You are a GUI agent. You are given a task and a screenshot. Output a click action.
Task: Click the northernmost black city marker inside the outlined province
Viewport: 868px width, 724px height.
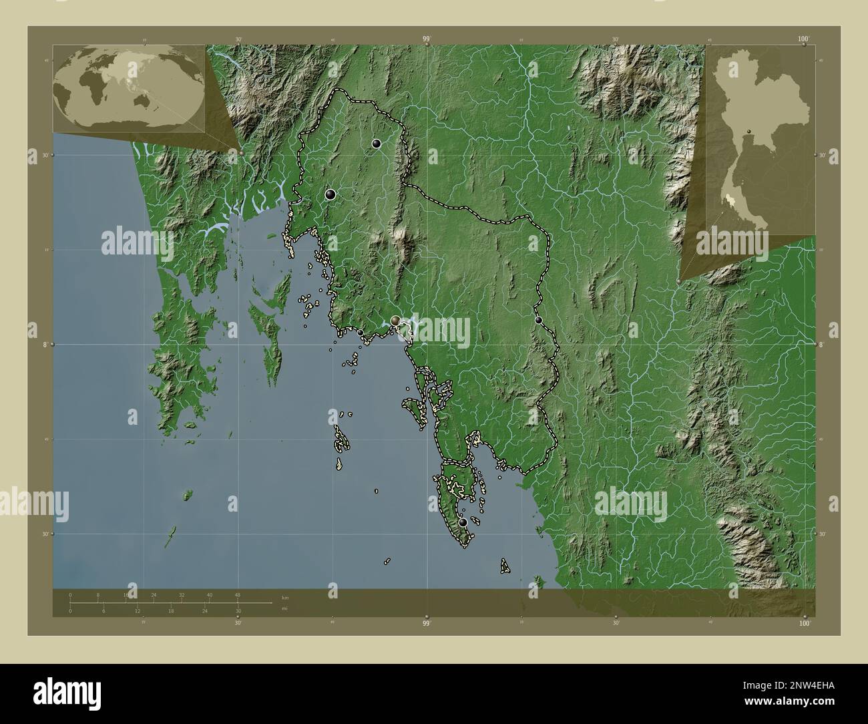pyautogui.click(x=377, y=143)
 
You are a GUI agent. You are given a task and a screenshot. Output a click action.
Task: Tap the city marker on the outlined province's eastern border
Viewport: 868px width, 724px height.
pyautogui.click(x=539, y=320)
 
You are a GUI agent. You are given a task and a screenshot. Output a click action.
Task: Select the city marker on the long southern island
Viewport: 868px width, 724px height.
pyautogui.click(x=463, y=522)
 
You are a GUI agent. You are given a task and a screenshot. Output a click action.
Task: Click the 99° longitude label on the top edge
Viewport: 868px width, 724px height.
pyautogui.click(x=427, y=40)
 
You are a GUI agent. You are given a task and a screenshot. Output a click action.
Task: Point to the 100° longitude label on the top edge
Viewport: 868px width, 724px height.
pyautogui.click(x=803, y=40)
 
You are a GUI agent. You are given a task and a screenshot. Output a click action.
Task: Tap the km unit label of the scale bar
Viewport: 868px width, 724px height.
pyautogui.click(x=285, y=597)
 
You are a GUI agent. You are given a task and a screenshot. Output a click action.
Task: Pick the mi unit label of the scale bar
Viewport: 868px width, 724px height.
pyautogui.click(x=284, y=608)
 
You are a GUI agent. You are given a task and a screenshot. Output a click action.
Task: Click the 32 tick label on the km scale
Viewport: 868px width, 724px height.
pyautogui.click(x=182, y=594)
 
